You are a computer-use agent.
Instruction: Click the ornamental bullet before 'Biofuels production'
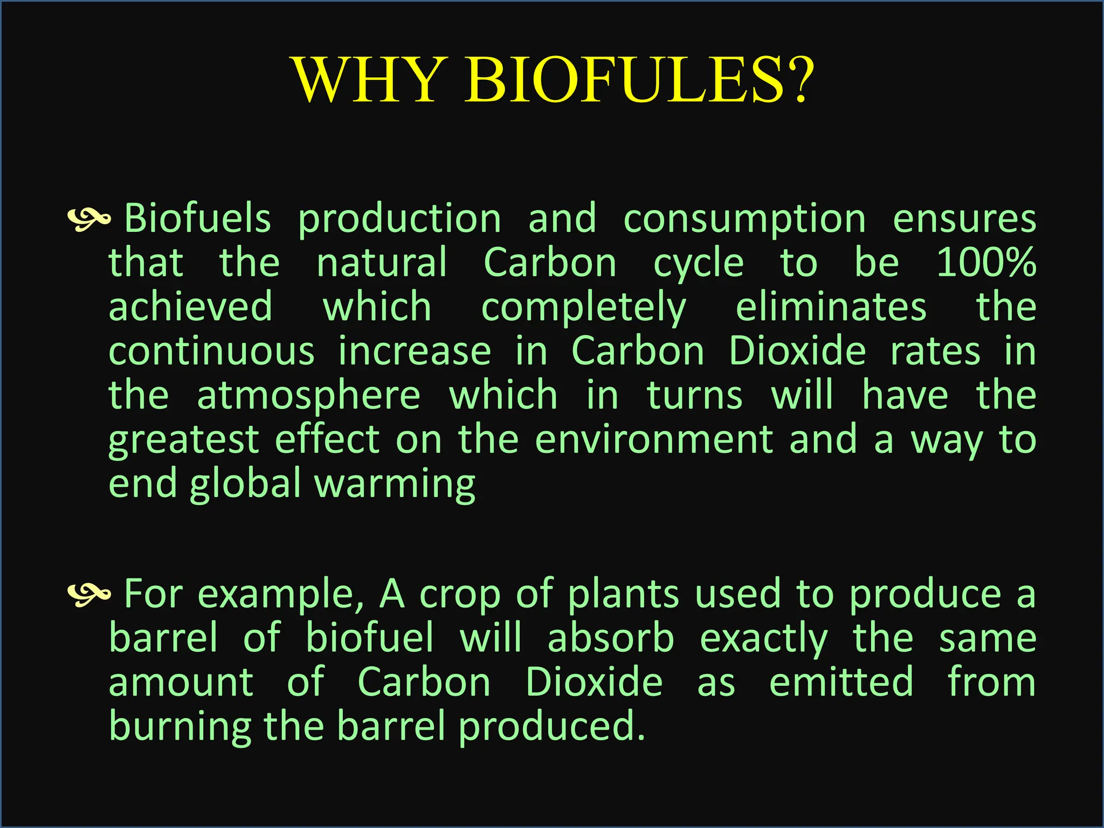(x=89, y=218)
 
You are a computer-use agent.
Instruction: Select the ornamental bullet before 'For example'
(x=89, y=594)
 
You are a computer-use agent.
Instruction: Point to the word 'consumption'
(x=744, y=220)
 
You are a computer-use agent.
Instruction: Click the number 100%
(x=986, y=263)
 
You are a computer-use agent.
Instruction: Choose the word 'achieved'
(x=190, y=307)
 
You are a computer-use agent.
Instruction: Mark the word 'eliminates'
(x=831, y=307)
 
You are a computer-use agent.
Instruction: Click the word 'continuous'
(x=211, y=351)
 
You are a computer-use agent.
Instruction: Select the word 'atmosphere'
(x=308, y=396)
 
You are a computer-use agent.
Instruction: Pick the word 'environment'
(x=654, y=440)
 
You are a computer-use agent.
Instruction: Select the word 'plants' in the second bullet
(x=623, y=594)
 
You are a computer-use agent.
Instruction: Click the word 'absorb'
(x=611, y=638)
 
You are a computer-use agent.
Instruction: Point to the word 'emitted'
(x=841, y=682)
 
